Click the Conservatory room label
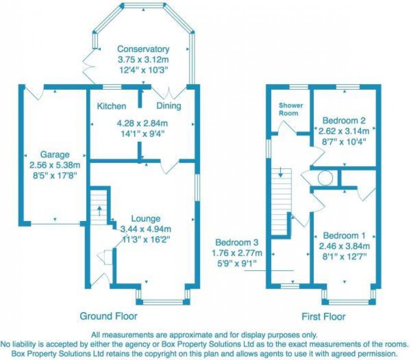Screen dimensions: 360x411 tap(143, 50)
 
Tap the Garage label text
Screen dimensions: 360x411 tap(55, 155)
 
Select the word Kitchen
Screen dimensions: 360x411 tap(112, 106)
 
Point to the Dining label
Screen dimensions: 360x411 tap(168, 106)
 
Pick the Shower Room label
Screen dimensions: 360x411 tap(291, 109)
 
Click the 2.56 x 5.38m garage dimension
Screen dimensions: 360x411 tap(55, 165)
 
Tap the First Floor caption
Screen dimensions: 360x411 tap(324, 317)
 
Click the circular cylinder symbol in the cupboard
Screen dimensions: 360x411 tap(325, 178)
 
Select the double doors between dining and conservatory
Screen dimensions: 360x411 tap(168, 92)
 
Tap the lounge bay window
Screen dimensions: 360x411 tap(163, 301)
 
